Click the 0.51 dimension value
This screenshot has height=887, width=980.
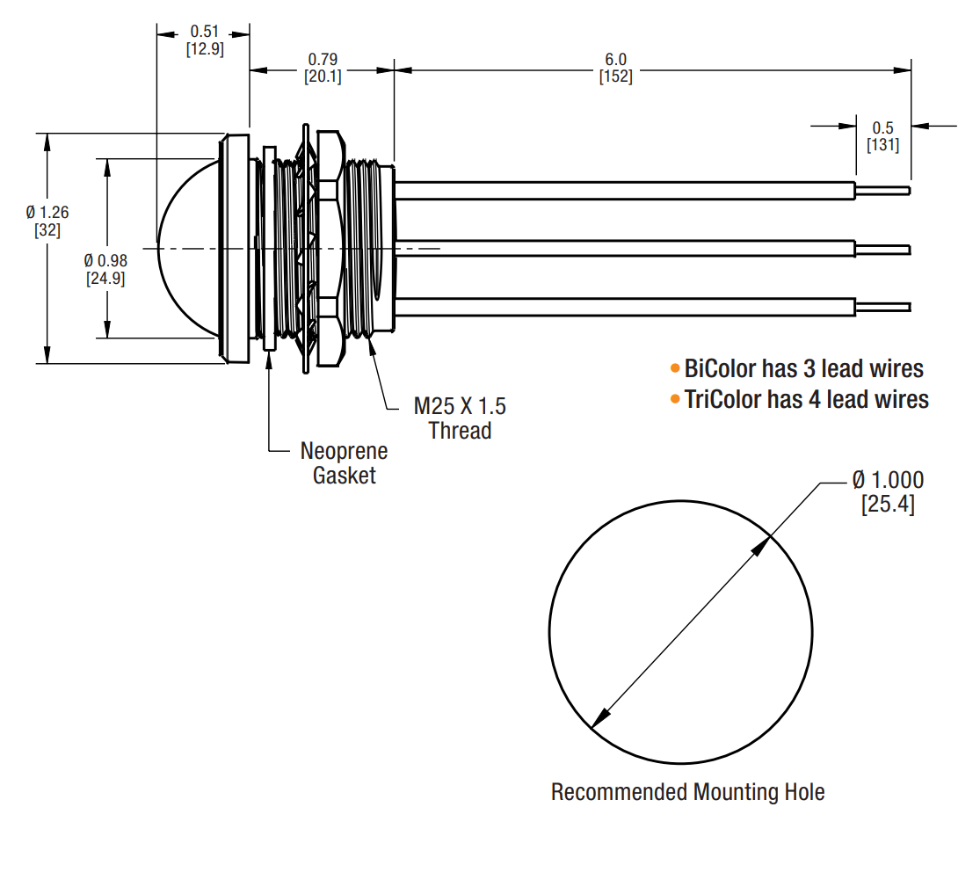204,31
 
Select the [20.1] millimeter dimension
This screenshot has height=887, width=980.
323,76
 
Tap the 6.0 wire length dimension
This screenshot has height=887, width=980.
615,59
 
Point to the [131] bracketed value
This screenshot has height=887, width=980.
882,145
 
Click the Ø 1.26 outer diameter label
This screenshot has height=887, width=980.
47,212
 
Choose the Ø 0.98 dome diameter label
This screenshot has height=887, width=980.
105,261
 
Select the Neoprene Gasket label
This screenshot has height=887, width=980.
344,463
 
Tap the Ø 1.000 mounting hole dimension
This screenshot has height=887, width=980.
888,480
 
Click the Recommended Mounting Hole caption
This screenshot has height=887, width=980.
687,792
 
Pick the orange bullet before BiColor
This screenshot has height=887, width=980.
675,367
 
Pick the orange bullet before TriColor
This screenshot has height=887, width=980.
675,400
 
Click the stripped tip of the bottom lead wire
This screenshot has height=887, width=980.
883,307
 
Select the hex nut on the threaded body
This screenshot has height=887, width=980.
327,249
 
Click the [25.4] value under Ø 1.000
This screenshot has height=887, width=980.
888,505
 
